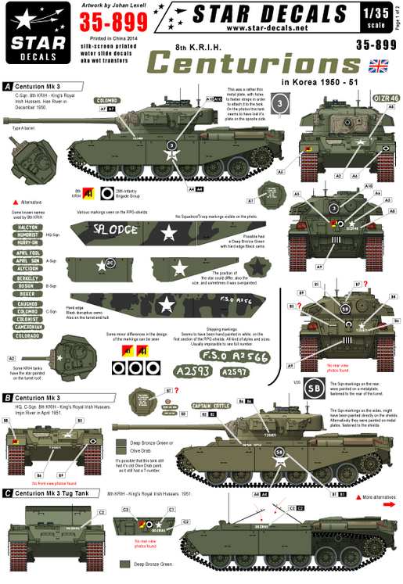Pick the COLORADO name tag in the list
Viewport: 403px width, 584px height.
pos(25,336)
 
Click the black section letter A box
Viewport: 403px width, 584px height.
pos(8,86)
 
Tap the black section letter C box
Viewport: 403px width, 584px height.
pos(8,493)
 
